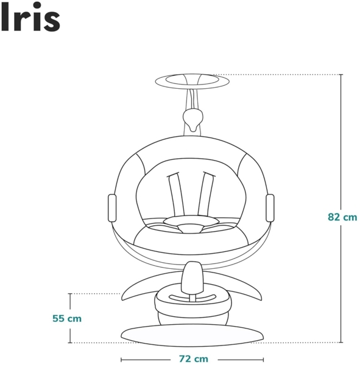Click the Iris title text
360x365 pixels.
click(x=30, y=19)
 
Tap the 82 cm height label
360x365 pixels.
click(x=342, y=217)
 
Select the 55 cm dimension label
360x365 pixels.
click(x=67, y=318)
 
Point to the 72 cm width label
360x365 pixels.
click(x=193, y=359)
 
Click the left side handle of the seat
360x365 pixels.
click(x=112, y=207)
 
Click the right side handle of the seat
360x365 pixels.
click(x=270, y=207)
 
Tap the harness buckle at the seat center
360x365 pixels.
click(x=191, y=227)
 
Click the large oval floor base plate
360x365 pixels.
click(x=192, y=333)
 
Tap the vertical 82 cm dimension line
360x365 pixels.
click(x=341, y=152)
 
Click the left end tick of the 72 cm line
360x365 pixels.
click(x=121, y=359)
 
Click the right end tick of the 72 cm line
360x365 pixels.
click(x=263, y=359)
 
